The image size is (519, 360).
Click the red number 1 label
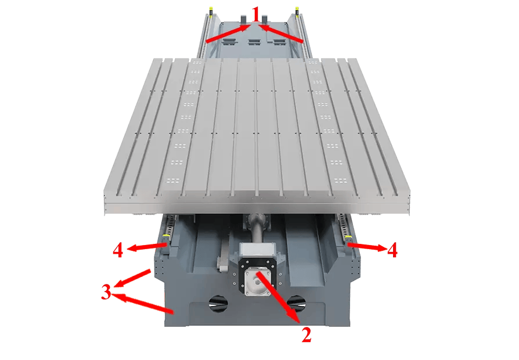pyautogui.click(x=255, y=15)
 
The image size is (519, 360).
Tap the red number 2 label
pyautogui.click(x=307, y=334)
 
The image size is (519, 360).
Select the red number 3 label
pyautogui.click(x=106, y=292)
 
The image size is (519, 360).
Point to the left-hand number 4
pyautogui.click(x=118, y=250)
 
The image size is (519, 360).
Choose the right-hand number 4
pyautogui.click(x=392, y=250)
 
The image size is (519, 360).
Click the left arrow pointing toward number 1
pyautogui.click(x=228, y=34)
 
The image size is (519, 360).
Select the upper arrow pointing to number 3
pyautogui.click(x=132, y=278)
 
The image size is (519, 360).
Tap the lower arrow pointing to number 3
pyautogui.click(x=143, y=303)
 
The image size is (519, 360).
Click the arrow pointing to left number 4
pyautogui.click(x=147, y=247)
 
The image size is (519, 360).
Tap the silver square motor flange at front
pyautogui.click(x=257, y=280)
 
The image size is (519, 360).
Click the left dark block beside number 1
pyautogui.click(x=243, y=20)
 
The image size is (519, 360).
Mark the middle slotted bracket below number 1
pyautogui.click(x=254, y=42)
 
